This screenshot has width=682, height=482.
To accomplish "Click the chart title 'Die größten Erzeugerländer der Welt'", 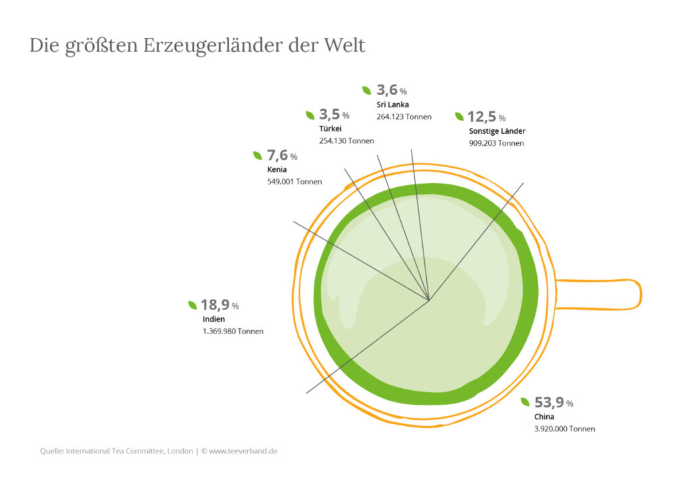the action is (197, 46).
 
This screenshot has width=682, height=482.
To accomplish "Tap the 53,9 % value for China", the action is (553, 403).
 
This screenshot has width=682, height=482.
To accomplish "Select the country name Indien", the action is (214, 319).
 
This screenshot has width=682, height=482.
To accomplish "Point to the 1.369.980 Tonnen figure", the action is (233, 331).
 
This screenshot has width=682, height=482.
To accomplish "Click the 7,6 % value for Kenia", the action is (282, 155).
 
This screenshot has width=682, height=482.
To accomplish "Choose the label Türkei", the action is (330, 128).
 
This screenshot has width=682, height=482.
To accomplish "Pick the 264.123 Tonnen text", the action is (404, 117).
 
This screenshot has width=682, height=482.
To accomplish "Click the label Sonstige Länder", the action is (497, 131).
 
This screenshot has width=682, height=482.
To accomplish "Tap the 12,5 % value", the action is (487, 117).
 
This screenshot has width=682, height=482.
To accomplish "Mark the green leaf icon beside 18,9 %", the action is (192, 305).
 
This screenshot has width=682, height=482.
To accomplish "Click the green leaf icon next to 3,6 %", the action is (367, 91).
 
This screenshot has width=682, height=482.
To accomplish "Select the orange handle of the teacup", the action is (599, 295).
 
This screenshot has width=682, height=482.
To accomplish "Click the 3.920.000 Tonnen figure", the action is (565, 429).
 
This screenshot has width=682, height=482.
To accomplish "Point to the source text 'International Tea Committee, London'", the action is (130, 451).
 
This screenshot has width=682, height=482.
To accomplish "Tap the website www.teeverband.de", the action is (243, 451).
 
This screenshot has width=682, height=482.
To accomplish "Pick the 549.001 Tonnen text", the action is (294, 182).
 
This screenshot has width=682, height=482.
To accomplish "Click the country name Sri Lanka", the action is (393, 105).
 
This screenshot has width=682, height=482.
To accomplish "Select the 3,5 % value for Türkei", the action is (334, 115).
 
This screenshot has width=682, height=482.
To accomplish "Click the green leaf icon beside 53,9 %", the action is (525, 402).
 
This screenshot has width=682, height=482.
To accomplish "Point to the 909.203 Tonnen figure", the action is (496, 143).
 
